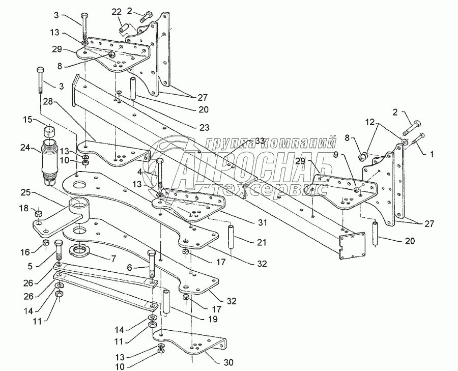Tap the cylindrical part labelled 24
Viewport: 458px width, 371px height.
[x=50, y=162]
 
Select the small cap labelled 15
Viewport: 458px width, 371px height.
[x=50, y=130]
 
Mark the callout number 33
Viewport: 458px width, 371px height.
[x=260, y=140]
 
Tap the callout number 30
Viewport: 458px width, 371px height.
[x=228, y=362]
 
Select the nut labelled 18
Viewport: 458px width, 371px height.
[x=38, y=214]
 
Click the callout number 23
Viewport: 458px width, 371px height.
[x=205, y=128]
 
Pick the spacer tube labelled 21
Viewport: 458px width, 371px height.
[x=232, y=236]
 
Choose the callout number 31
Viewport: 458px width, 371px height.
[x=262, y=222]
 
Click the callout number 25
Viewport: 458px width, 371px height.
[x=27, y=193]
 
